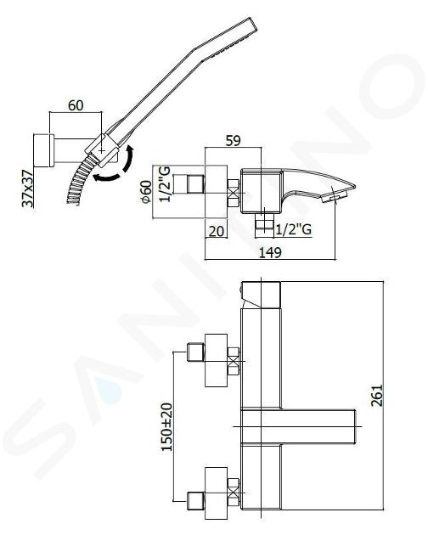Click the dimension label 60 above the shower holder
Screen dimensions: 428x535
point(76,105)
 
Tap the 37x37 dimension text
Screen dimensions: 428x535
point(28,189)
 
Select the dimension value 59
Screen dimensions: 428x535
point(234,141)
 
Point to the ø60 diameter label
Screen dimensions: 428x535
point(146,191)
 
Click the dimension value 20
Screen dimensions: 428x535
point(216,231)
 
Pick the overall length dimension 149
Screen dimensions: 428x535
point(270,253)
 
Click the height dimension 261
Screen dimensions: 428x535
point(377,396)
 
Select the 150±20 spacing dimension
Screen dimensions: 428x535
point(167,427)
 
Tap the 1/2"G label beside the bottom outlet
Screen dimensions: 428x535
point(294,229)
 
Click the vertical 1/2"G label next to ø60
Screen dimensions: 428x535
point(166,184)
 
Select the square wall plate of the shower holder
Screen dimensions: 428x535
point(43,150)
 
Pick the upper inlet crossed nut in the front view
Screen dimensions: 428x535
point(234,361)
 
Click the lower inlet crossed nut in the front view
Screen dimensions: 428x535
point(234,493)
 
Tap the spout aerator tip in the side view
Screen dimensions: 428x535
point(335,197)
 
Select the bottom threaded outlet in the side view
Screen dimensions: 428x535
point(264,225)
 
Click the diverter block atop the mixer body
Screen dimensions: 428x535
point(261,295)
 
